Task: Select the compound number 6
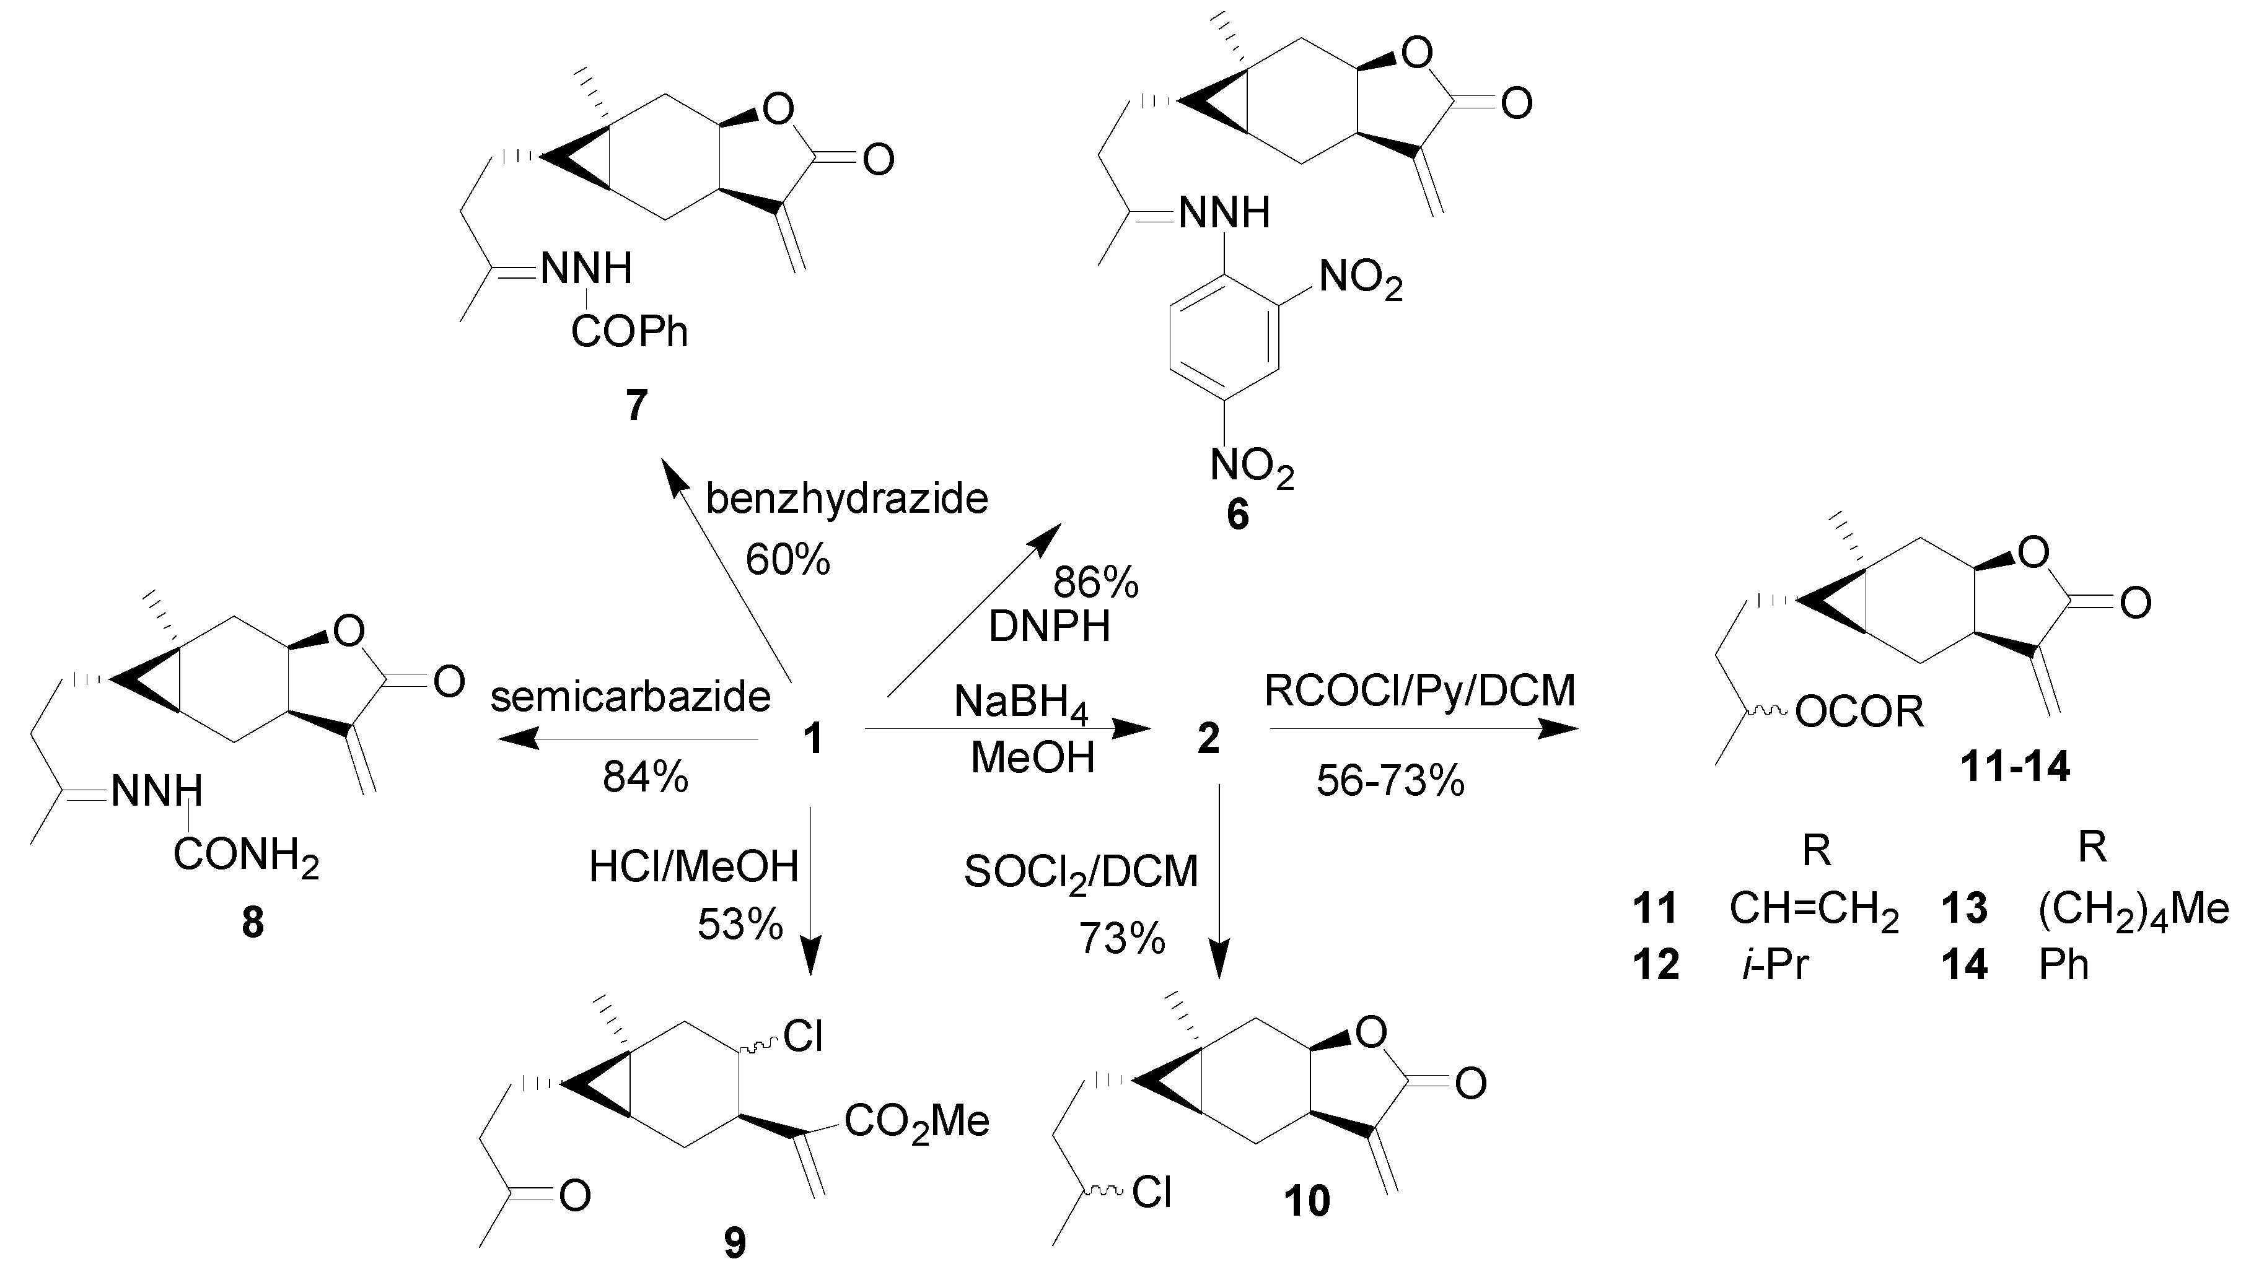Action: [x=1237, y=516]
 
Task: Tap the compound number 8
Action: [x=253, y=923]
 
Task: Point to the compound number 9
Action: [x=735, y=1242]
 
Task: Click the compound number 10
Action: [x=1307, y=1200]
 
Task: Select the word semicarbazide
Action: [x=630, y=697]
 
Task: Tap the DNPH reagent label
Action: [x=1050, y=626]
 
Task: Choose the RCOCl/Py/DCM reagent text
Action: [x=1419, y=691]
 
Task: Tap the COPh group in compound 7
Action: [x=630, y=333]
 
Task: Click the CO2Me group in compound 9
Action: [x=917, y=1122]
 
